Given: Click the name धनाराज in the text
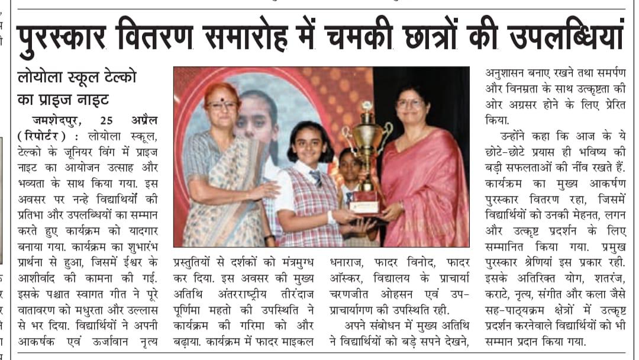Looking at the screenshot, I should pos(349,262).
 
